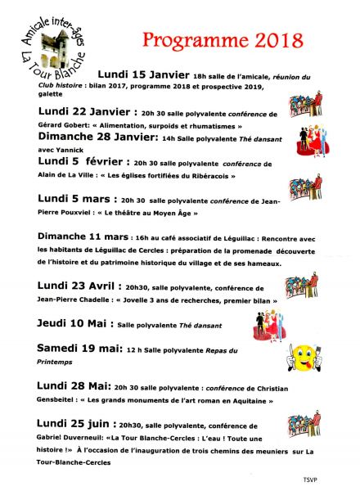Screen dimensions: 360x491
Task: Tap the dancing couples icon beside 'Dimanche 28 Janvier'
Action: (x=304, y=137)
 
